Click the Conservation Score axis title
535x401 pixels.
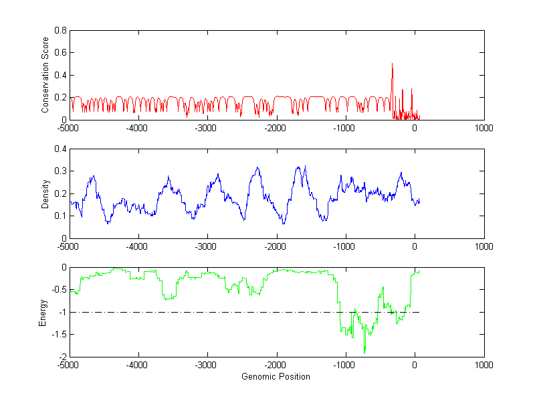click(x=45, y=75)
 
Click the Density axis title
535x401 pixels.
click(x=45, y=193)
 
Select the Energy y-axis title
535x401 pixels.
click(x=43, y=312)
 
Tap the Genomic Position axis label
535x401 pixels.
click(x=276, y=376)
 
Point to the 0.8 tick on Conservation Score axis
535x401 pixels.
click(x=60, y=30)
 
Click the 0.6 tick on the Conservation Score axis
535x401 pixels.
click(x=60, y=52)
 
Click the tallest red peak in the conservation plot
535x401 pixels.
click(x=392, y=64)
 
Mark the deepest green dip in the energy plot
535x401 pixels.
click(x=364, y=352)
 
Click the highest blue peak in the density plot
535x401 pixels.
click(x=305, y=166)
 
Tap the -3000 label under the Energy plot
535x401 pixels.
click(x=207, y=365)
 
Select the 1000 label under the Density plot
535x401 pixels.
click(x=484, y=246)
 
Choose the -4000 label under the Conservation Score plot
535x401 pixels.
click(x=138, y=128)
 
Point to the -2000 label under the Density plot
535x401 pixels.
click(x=276, y=246)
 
